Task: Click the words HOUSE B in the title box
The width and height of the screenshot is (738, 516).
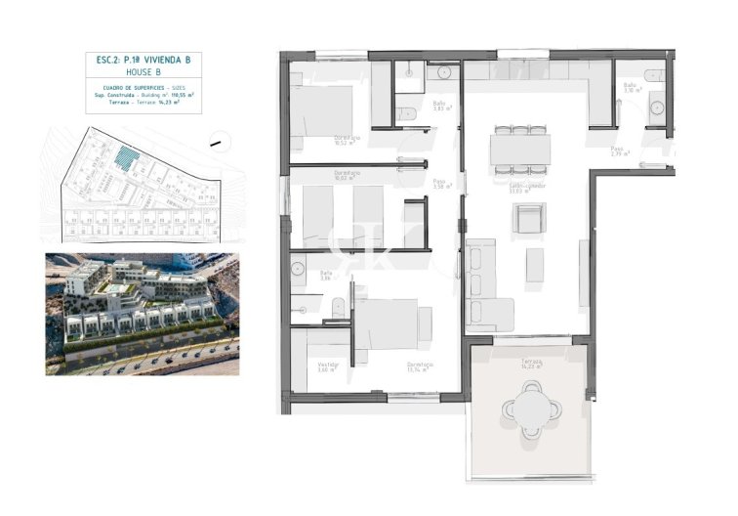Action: click(x=143, y=71)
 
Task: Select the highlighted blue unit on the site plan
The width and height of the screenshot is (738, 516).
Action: click(x=124, y=155)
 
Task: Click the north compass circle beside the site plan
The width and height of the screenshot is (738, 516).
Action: click(x=215, y=146)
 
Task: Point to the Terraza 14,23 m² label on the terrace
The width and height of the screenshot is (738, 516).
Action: click(x=530, y=364)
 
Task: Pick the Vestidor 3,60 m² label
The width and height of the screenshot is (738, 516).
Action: click(x=327, y=367)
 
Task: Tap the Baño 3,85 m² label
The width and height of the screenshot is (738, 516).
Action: click(x=440, y=106)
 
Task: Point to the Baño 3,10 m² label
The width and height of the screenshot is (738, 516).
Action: click(x=631, y=88)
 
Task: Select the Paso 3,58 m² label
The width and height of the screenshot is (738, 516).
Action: click(x=440, y=183)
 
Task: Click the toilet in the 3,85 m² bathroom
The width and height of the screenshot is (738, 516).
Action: click(x=408, y=115)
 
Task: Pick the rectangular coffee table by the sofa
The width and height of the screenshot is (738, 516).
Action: click(x=534, y=265)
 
